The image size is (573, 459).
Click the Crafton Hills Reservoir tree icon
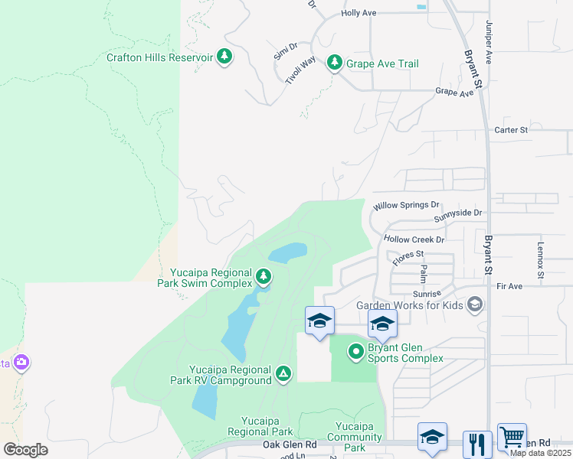224,57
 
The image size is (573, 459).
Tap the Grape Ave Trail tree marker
334,63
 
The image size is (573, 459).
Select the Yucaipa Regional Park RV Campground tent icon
283,373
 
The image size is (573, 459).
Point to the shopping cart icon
511,438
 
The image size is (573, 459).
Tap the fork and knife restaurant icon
477,444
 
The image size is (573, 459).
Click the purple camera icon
21,362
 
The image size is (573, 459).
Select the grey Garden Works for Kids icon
474,305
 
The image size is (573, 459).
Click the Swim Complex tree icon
264,276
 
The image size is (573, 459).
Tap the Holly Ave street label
359,13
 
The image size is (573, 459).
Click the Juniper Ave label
487,42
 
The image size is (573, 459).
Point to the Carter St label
511,130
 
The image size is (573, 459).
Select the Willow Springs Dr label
406,206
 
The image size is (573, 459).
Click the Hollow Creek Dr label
414,239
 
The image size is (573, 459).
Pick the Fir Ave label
509,286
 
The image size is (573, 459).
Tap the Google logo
25,450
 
